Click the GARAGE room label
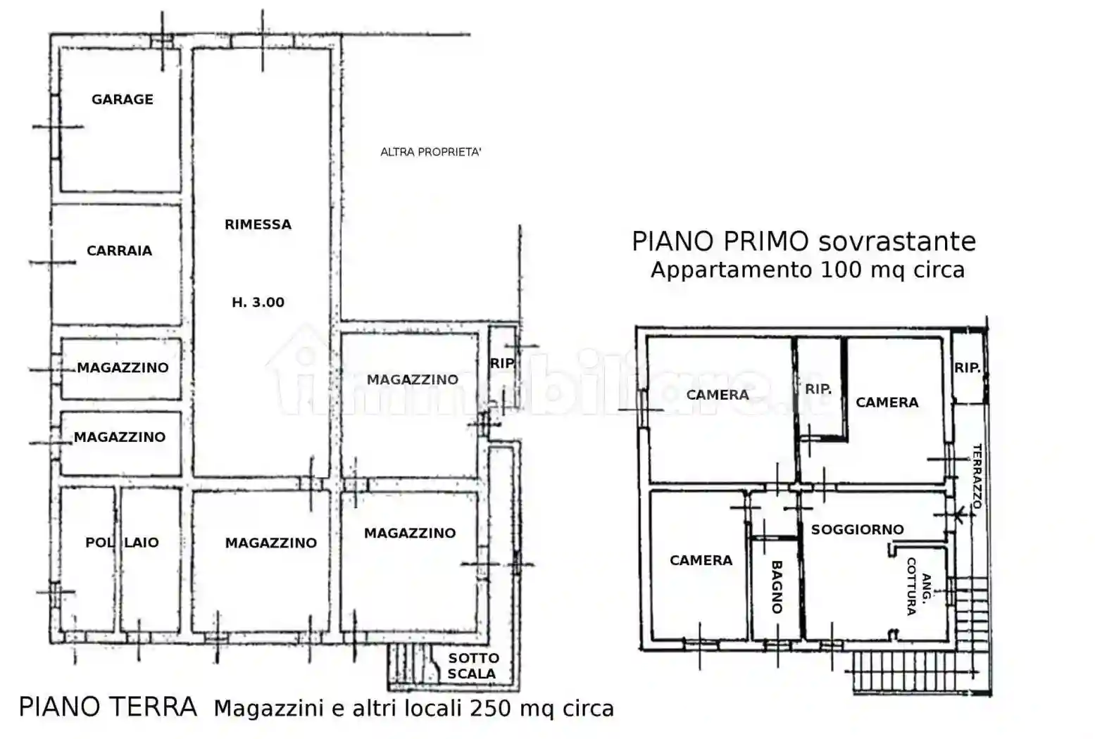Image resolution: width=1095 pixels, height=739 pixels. (x=123, y=100)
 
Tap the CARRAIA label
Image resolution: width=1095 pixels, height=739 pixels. (x=119, y=251)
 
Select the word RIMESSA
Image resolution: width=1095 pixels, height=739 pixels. (x=258, y=225)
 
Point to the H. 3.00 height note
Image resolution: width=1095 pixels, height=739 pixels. (x=258, y=303)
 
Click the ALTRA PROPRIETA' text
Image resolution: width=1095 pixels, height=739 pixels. (x=431, y=152)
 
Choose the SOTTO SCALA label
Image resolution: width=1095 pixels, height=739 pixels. (x=473, y=666)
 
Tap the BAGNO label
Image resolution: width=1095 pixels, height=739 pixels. (x=777, y=586)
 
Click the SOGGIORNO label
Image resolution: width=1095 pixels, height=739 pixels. (x=857, y=529)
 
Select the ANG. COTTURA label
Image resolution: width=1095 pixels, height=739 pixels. (x=918, y=586)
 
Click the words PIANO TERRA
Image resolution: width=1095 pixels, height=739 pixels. (x=108, y=707)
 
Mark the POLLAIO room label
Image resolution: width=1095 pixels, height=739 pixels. (x=122, y=543)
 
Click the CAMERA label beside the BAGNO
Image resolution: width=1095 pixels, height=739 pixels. (x=701, y=560)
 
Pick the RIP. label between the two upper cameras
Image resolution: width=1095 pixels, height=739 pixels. (x=818, y=389)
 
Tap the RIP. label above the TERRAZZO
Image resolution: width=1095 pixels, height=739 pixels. (x=967, y=367)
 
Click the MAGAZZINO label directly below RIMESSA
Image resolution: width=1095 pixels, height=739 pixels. (x=270, y=543)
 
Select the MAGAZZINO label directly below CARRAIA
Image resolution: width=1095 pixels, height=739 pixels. (x=123, y=367)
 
